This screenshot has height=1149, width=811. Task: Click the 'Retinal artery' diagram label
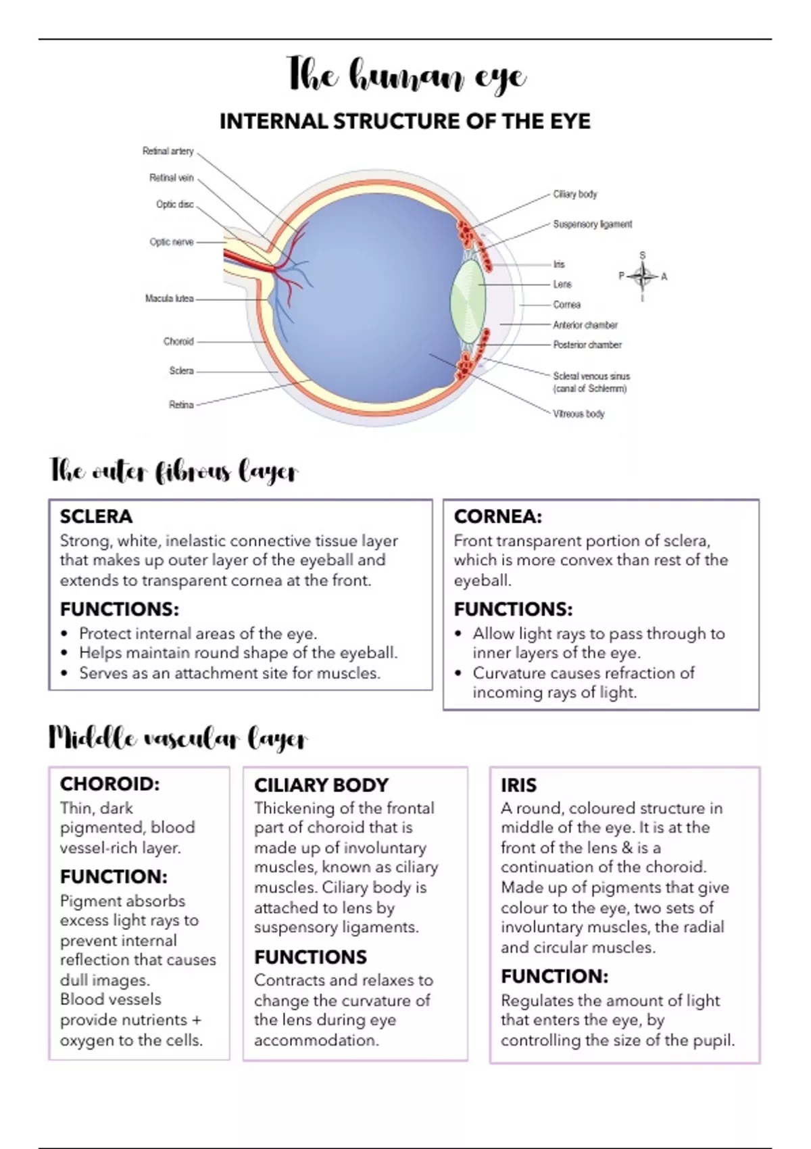[x=168, y=151]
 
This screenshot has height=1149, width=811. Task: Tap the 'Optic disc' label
[x=175, y=204]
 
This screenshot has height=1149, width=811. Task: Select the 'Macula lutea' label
[x=169, y=298]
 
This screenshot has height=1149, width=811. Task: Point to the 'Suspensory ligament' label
[x=593, y=224]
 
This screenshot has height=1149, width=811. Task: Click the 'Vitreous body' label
[x=579, y=414]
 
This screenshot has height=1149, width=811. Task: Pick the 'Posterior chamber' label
[x=587, y=345]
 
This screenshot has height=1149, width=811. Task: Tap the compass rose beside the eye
[x=643, y=276]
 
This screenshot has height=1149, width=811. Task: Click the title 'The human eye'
[x=406, y=76]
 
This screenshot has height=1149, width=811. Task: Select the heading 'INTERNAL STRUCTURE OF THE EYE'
[x=405, y=122]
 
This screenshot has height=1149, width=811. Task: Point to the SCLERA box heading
[x=96, y=516]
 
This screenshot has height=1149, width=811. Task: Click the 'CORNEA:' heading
[x=497, y=516]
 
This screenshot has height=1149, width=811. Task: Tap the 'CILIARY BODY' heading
[x=321, y=785]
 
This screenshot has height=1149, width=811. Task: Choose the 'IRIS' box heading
[x=518, y=785]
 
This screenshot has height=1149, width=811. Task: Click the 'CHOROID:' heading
[x=109, y=783]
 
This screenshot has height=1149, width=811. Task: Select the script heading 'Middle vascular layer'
[x=178, y=739]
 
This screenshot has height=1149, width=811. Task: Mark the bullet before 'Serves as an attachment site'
[x=64, y=673]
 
